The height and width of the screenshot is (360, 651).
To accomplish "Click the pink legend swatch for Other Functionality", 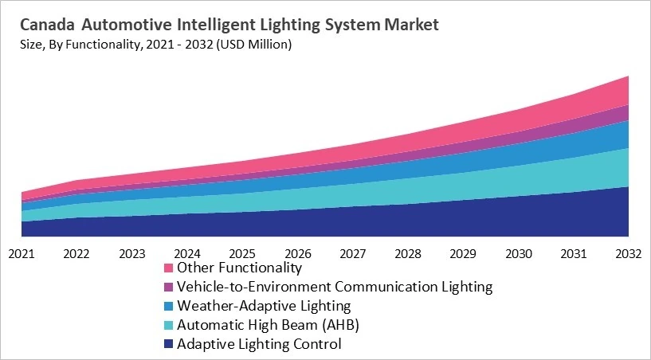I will tap(168, 268).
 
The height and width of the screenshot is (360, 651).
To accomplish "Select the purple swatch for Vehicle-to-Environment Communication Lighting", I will tap(168, 287).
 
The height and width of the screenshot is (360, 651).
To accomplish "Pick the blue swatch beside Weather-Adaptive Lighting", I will tap(168, 306).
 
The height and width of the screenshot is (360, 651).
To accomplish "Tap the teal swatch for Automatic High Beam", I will tap(168, 325).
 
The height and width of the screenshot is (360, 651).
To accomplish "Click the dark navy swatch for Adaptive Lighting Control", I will tap(168, 344).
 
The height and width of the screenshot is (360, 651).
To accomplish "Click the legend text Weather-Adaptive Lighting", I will tap(264, 306).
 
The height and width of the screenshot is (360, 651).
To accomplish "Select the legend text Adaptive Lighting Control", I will tap(259, 344).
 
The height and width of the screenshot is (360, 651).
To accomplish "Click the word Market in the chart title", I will tap(411, 25).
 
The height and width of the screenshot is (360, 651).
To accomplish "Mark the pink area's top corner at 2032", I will tap(628, 77).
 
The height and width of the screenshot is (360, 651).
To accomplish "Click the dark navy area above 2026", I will tap(297, 223).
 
